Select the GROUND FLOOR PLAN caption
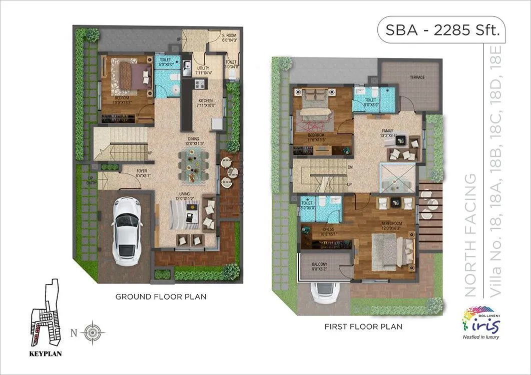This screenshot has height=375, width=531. (x=161, y=296)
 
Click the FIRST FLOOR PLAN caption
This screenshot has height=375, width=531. (x=363, y=327)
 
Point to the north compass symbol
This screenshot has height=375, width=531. (x=93, y=331)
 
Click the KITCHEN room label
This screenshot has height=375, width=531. (x=205, y=102)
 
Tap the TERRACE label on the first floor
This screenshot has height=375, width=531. (x=416, y=77)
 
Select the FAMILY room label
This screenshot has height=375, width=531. (x=387, y=131)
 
